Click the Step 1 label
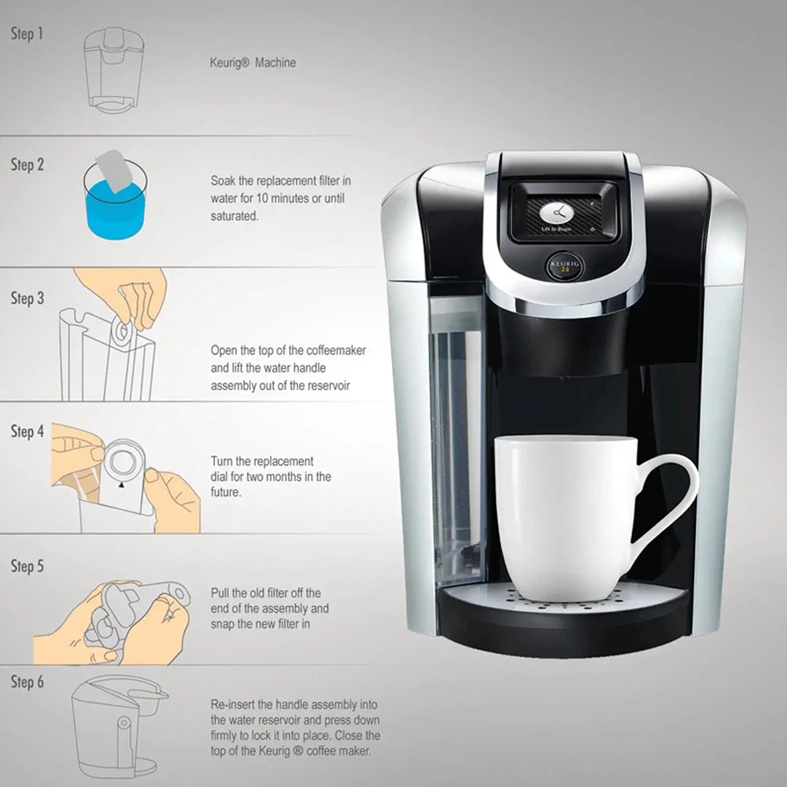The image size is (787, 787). [27, 34]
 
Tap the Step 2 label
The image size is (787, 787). [27, 164]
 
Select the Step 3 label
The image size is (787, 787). [27, 298]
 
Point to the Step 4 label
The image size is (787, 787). [27, 431]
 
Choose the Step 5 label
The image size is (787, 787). [27, 566]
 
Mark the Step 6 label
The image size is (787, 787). [27, 682]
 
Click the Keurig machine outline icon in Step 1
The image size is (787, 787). [114, 69]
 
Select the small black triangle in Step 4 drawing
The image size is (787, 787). [121, 486]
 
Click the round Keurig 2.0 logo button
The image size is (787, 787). [564, 266]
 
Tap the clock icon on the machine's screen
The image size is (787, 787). [556, 212]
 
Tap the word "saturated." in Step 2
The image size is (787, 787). [235, 216]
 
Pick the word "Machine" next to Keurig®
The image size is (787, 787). [275, 63]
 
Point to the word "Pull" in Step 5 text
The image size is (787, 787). [220, 593]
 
